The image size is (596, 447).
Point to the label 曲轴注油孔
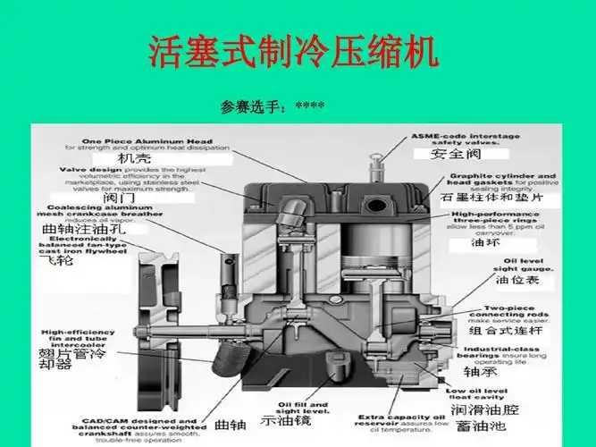85,229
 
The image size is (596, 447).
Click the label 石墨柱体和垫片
490,197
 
